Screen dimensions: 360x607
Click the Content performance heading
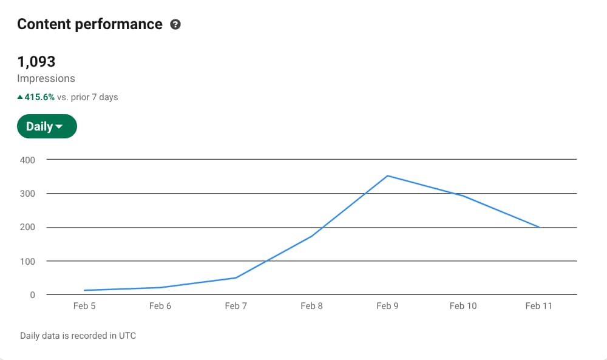coord(90,24)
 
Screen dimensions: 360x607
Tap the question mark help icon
coord(175,25)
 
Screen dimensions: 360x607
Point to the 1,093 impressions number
coord(36,61)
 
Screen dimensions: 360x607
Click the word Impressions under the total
coord(46,78)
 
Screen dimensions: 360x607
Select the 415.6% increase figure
coord(39,97)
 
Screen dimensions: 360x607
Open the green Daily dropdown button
coord(47,126)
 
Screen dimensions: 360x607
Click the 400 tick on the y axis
coord(29,160)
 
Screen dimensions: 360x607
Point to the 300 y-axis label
coord(29,194)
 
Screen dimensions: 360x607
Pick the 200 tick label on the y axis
coord(29,228)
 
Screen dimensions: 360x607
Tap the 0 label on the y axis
coord(32,295)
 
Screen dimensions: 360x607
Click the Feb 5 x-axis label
coord(84,306)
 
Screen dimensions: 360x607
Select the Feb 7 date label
coord(236,306)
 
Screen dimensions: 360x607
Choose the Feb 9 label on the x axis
coord(387,306)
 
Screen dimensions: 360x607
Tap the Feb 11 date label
coord(539,306)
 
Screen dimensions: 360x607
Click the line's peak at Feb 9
coord(387,176)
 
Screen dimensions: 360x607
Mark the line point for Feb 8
coord(311,236)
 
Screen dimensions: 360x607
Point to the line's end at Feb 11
coord(539,227)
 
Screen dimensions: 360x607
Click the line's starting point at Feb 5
coord(84,290)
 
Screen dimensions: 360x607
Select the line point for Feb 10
coord(463,195)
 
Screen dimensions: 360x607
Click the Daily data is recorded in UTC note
coord(78,336)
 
